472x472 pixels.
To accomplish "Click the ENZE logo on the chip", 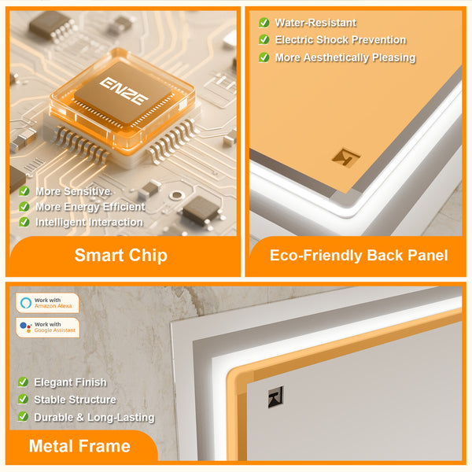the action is coord(124,90).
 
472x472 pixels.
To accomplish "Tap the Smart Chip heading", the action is coord(120,255).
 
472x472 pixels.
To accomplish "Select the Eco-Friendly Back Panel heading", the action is coord(359,255).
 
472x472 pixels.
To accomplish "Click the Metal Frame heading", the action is coord(79,446).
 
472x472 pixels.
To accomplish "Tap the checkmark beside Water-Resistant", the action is coord(264,23).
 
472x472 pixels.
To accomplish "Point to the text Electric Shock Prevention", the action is coord(341,40).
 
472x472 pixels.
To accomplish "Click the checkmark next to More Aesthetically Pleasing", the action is coord(264,57).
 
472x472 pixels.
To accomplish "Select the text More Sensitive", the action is coord(73,191).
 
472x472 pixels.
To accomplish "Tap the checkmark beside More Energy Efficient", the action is coord(24,206).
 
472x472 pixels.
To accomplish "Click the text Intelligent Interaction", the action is coord(89,222).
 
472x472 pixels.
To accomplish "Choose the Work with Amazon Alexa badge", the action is coord(47,303).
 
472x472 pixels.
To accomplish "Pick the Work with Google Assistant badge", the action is coord(47,327).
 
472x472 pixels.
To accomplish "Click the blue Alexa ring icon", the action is coord(26,303).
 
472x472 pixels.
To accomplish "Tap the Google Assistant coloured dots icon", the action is coord(26,327).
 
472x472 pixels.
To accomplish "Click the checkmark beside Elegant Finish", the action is coord(23,382).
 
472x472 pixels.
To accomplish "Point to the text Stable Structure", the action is coord(75,400).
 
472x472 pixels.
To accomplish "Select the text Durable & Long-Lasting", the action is coord(94,417).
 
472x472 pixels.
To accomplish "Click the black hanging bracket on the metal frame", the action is coord(276,397).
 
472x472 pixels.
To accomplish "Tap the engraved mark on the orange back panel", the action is coord(346,157).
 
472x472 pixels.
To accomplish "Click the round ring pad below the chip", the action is coord(177,196).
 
